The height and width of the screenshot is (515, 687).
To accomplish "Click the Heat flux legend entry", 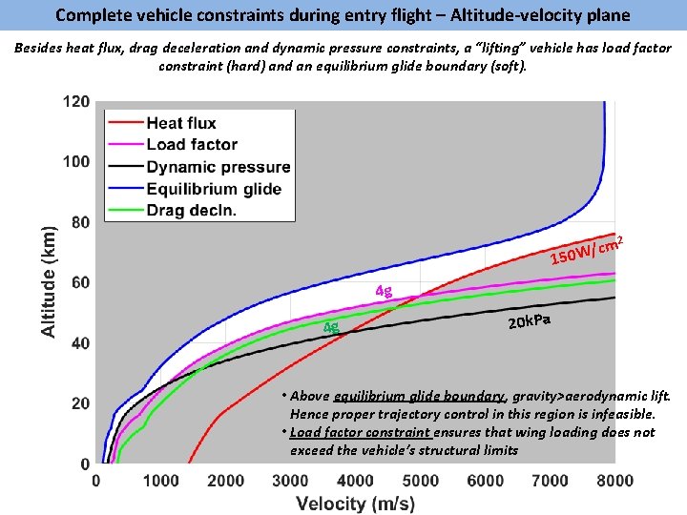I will pos(180,123).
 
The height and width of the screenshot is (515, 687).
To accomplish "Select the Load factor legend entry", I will pos(191,144).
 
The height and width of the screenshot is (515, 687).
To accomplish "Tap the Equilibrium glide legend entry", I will pos(213,188).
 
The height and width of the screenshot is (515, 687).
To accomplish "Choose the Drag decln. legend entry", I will pos(191,209).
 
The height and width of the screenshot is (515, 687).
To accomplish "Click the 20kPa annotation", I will pos(529,319).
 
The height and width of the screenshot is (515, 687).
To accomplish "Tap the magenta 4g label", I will pos(383,291).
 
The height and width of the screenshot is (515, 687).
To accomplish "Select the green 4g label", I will pos(331,327).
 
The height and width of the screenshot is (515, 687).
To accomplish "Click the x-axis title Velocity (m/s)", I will pos(355,503).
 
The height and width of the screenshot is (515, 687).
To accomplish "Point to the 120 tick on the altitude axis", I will pos(76,102).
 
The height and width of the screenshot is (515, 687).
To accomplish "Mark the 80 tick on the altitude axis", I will pos(80,222).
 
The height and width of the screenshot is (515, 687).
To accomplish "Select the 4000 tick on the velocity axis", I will pos(355,481).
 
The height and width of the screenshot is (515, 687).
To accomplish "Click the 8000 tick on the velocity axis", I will pos(614,481).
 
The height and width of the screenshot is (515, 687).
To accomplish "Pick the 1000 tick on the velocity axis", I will pos(160,481).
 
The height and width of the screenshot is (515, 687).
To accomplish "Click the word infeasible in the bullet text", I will pos(621,414).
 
